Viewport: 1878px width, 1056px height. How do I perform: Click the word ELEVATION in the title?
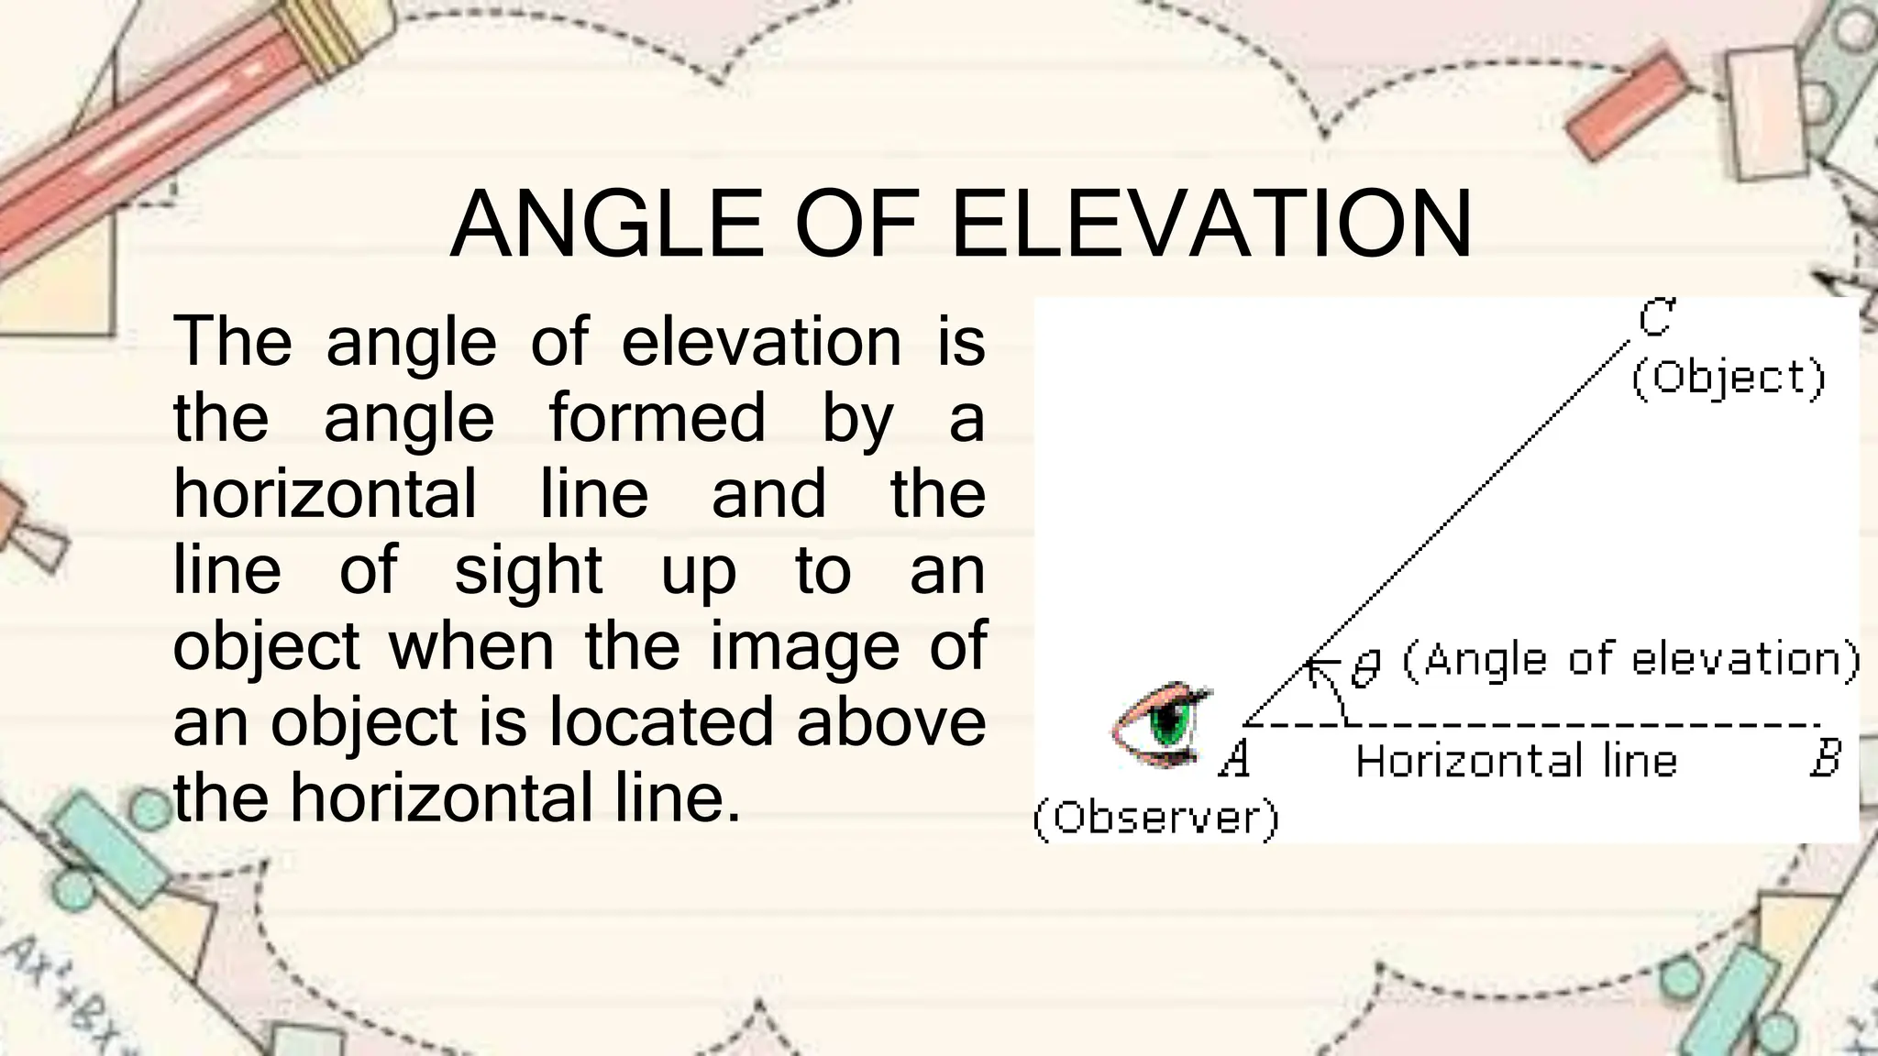[1211, 225]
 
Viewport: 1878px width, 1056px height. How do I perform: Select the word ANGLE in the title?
[606, 225]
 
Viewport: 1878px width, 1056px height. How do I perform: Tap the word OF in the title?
[856, 225]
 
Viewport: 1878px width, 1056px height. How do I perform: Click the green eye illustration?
[1161, 724]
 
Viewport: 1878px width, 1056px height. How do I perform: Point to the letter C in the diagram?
[1656, 318]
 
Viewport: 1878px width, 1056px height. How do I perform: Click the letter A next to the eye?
[1234, 760]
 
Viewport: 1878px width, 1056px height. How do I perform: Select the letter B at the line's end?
[1825, 760]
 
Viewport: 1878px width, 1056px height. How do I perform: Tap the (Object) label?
[1729, 378]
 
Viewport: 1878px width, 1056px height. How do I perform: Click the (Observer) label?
[1155, 818]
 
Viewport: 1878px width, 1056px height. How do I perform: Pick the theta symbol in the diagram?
[1366, 667]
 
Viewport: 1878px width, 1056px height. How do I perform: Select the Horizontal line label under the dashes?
[1516, 761]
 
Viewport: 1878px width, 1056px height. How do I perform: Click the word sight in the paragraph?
[528, 570]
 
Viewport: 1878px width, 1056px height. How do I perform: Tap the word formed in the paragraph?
[657, 418]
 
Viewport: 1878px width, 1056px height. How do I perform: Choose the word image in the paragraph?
[804, 646]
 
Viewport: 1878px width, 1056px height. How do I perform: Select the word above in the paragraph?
[890, 722]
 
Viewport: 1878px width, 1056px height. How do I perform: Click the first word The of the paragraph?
[233, 341]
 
